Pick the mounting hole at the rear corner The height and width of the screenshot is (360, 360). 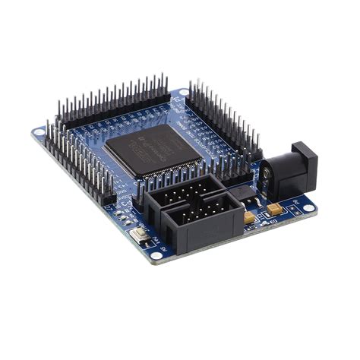coord(183,93)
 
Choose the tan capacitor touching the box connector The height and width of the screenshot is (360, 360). coord(249,217)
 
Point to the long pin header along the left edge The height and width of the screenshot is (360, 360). coord(77,163)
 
